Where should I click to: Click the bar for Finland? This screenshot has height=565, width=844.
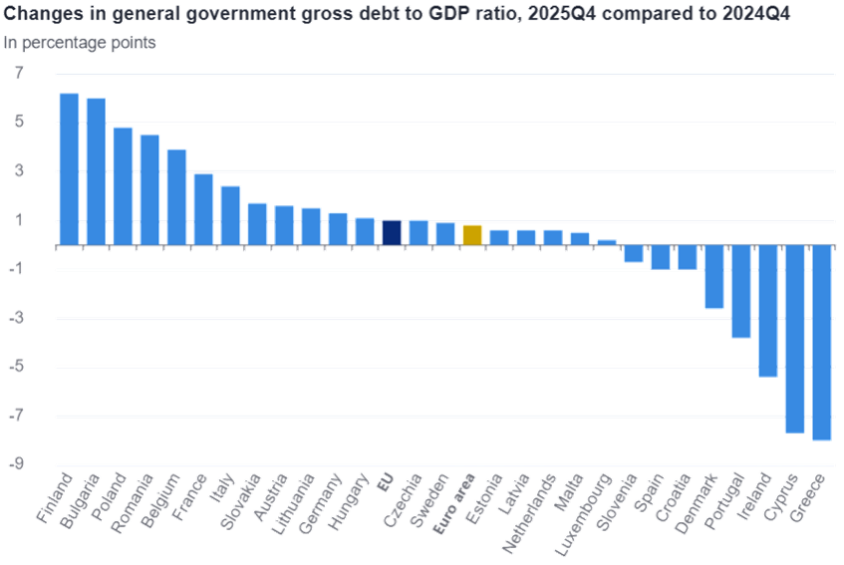pyautogui.click(x=69, y=168)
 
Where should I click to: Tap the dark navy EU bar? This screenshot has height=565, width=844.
pyautogui.click(x=392, y=232)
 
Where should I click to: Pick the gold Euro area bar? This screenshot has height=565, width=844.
pyautogui.click(x=472, y=235)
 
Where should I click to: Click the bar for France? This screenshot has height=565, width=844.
pyautogui.click(x=203, y=209)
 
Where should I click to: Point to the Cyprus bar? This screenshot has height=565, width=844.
pyautogui.click(x=794, y=339)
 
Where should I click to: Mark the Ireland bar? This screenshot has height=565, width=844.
pyautogui.click(x=767, y=311)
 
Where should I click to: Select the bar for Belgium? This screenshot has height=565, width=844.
pyautogui.click(x=176, y=196)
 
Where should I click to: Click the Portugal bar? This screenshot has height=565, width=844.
pyautogui.click(x=740, y=292)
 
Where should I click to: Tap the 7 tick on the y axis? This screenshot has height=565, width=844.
pyautogui.click(x=18, y=74)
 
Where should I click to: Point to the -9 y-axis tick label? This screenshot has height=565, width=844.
pyautogui.click(x=16, y=465)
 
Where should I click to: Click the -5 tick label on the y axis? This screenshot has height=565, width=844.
pyautogui.click(x=16, y=368)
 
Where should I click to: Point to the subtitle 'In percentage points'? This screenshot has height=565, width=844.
pyautogui.click(x=79, y=43)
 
